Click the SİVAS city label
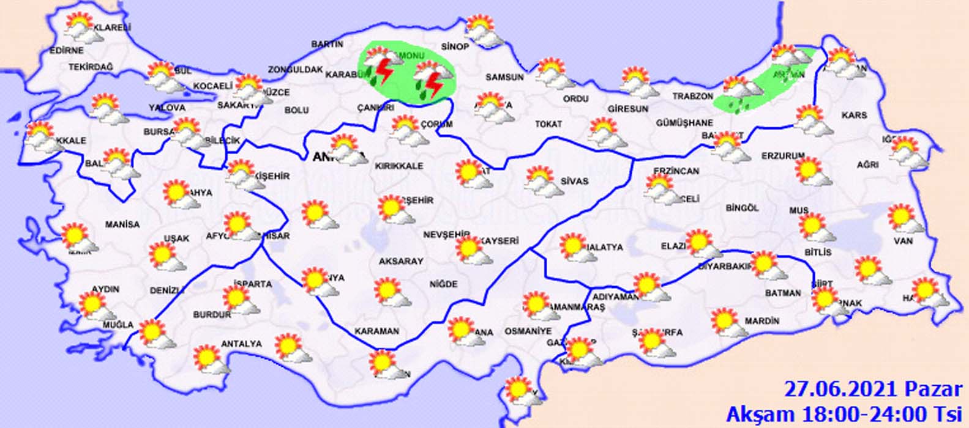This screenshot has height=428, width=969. click(x=574, y=181)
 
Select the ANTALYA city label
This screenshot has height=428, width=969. click(x=241, y=344)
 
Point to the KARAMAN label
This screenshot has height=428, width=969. click(x=376, y=331)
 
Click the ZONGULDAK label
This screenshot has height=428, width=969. click(x=295, y=70)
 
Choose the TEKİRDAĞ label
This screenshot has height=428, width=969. click(x=91, y=67)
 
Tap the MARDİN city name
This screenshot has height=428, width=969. click(x=762, y=321)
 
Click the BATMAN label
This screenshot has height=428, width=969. click(x=782, y=293)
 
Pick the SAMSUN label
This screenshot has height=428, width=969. click(x=504, y=78)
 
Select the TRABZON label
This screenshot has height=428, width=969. click(x=693, y=97)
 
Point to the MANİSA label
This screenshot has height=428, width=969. click(x=122, y=224)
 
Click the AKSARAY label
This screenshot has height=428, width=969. click(x=401, y=261)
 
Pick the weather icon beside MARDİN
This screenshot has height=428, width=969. click(x=728, y=323)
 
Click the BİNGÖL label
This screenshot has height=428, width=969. click(x=742, y=208)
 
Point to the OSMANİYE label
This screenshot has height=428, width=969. click(x=528, y=331)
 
